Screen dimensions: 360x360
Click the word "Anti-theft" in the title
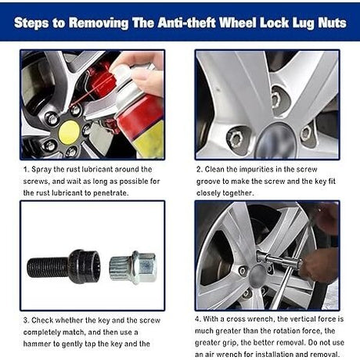[186, 23]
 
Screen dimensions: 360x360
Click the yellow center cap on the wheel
[69, 132]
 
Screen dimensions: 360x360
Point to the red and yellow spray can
[139, 112]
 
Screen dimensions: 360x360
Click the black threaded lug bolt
[64, 267]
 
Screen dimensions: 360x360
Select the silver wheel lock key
[133, 268]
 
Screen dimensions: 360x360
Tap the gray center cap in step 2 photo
[276, 142]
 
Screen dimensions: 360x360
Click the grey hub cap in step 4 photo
[257, 275]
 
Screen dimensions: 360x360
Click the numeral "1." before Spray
[26, 170]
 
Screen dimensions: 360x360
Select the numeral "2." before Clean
[200, 170]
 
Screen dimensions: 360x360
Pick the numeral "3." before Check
[26, 320]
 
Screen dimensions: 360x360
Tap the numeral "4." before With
[198, 319]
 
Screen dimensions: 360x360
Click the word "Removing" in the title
[99, 23]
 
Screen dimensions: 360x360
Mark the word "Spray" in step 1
[41, 170]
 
